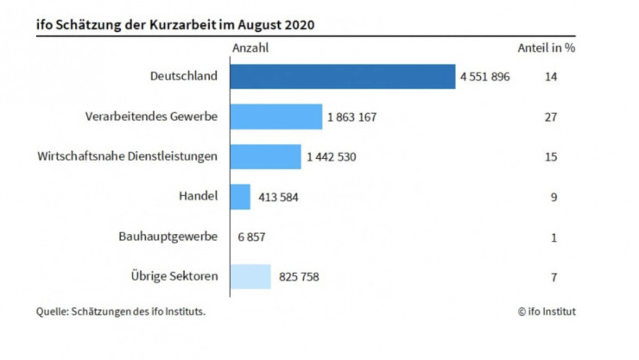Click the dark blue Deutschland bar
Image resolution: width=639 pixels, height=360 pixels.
pyautogui.click(x=343, y=76)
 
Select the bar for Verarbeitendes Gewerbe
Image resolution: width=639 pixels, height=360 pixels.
pyautogui.click(x=275, y=117)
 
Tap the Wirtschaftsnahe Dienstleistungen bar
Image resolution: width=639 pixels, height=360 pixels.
pyautogui.click(x=265, y=156)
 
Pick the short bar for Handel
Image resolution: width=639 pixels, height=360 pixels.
pyautogui.click(x=240, y=197)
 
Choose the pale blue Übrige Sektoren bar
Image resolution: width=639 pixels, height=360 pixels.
pyautogui.click(x=250, y=277)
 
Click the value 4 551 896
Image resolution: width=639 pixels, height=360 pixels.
pyautogui.click(x=486, y=77)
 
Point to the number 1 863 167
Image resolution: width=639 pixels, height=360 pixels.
pyautogui.click(x=352, y=117)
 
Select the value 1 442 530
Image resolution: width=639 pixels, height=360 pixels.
pyautogui.click(x=331, y=157)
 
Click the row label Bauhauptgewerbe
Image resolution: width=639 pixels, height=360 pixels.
pyautogui.click(x=168, y=237)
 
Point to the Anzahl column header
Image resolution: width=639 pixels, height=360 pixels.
pyautogui.click(x=250, y=48)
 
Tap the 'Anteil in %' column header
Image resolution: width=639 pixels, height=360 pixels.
pyautogui.click(x=546, y=48)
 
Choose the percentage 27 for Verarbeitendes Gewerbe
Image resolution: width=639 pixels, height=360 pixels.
pyautogui.click(x=551, y=117)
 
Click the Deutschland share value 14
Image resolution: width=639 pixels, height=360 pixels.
pyautogui.click(x=551, y=77)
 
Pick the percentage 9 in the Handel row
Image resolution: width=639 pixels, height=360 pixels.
pyautogui.click(x=554, y=197)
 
